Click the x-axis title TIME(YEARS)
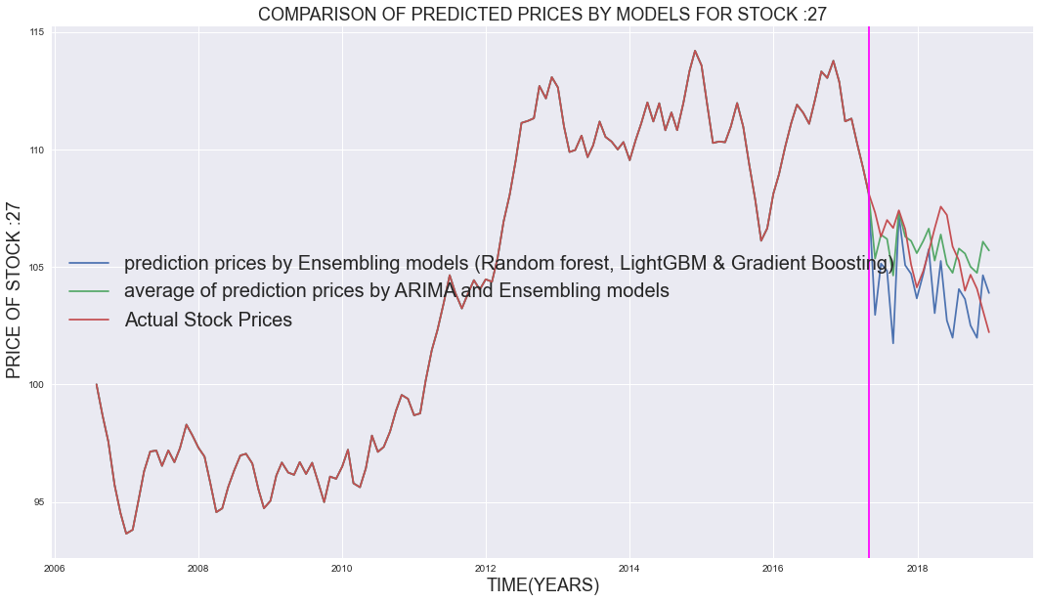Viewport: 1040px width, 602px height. pyautogui.click(x=529, y=585)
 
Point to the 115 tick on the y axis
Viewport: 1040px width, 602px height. pyautogui.click(x=39, y=33)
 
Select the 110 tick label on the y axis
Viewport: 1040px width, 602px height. pyautogui.click(x=39, y=150)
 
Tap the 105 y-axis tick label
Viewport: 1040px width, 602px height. pyautogui.click(x=39, y=268)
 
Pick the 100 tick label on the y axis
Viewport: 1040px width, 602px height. pyautogui.click(x=39, y=385)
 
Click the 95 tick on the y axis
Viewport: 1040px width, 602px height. pyautogui.click(x=42, y=502)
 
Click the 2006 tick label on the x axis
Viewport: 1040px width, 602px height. pyautogui.click(x=55, y=568)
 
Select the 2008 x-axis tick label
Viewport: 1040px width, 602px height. pyautogui.click(x=198, y=568)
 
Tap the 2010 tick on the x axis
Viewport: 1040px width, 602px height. pyautogui.click(x=342, y=568)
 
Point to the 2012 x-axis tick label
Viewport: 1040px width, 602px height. pyautogui.click(x=486, y=568)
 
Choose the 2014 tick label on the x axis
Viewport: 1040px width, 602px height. pyautogui.click(x=629, y=568)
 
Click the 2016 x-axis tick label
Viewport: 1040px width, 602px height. pyautogui.click(x=773, y=568)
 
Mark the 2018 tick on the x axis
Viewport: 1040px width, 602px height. pyautogui.click(x=918, y=568)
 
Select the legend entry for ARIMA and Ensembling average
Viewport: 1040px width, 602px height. pyautogui.click(x=396, y=291)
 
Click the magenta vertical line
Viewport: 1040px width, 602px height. pyautogui.click(x=869, y=391)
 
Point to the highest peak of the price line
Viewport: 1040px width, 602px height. pyautogui.click(x=695, y=51)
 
